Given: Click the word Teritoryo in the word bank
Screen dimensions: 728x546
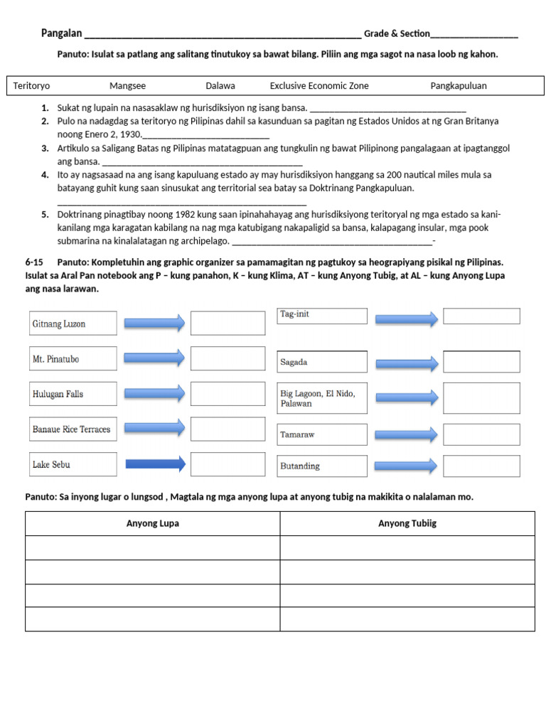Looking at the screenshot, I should coord(31,86).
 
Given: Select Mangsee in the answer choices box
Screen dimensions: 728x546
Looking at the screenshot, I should coord(127,86).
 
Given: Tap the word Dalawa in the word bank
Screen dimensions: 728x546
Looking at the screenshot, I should coord(220,86).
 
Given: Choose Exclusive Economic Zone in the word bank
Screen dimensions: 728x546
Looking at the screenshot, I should coord(319,86).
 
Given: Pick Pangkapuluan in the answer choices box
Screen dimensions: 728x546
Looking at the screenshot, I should coord(459,86).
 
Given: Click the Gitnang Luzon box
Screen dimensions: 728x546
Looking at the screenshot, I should coord(73,323).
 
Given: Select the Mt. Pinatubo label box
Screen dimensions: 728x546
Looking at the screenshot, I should coord(73,359).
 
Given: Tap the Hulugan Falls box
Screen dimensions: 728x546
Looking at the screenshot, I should coord(73,394).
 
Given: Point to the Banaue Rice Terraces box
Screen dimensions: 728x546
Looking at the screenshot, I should coord(73,429).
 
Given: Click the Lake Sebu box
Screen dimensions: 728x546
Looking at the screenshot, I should coord(73,464).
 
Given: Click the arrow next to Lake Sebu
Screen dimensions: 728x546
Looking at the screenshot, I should coord(156,464).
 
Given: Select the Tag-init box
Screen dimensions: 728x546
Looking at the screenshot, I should coord(321,316).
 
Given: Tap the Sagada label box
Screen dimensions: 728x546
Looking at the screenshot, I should coord(321,362).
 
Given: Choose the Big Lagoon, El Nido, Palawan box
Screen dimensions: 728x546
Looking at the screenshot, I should coord(321,398).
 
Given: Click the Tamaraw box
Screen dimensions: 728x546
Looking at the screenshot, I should coord(321,434).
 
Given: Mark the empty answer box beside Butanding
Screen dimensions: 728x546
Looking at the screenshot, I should coord(481,466).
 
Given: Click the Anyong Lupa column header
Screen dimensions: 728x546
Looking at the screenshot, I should coord(153,524).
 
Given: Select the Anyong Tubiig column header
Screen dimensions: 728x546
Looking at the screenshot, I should coord(407,524).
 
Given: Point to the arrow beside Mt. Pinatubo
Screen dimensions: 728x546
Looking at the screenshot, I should coord(156,358).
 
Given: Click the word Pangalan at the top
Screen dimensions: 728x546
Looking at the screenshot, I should coord(61,33).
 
